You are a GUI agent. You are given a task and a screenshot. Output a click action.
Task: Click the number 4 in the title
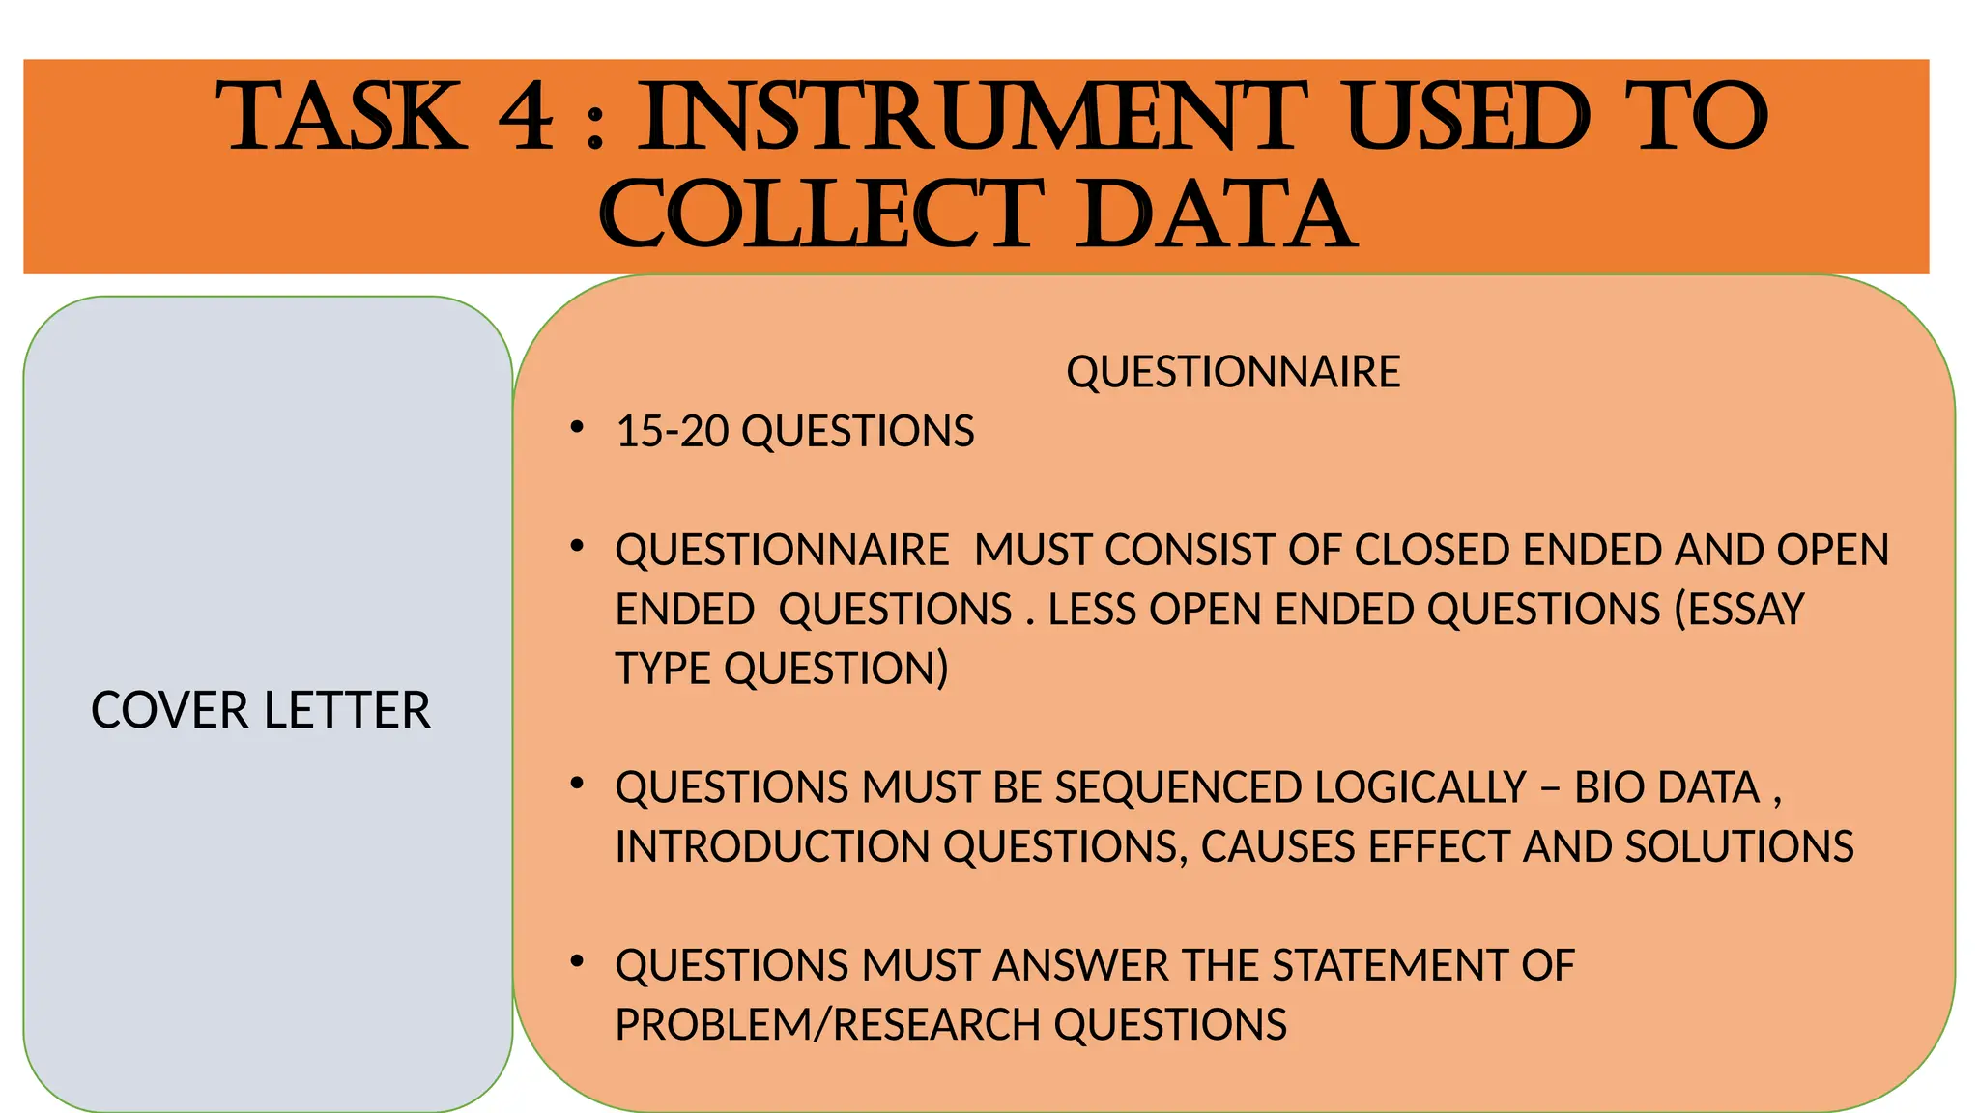click(527, 118)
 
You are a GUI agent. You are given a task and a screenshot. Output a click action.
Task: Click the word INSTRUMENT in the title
click(972, 118)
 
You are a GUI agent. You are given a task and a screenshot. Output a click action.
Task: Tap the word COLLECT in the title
click(821, 214)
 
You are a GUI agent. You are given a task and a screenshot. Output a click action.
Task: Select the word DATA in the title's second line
click(1219, 214)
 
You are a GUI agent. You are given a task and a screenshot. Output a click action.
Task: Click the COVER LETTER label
click(261, 711)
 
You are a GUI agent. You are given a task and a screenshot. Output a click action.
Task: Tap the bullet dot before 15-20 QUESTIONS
click(577, 427)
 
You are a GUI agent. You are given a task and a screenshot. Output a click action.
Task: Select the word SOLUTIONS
click(1739, 847)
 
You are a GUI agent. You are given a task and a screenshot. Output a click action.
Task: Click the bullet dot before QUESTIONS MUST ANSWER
click(577, 961)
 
